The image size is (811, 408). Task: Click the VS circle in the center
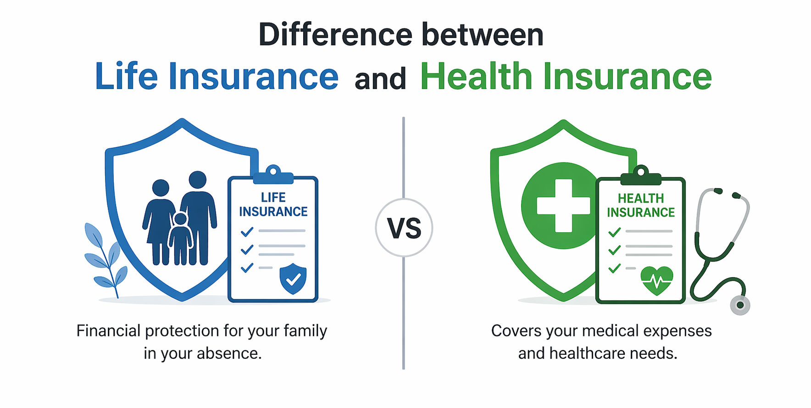pyautogui.click(x=404, y=228)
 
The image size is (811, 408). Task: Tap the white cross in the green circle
pyautogui.click(x=563, y=206)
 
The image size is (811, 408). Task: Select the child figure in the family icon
pyautogui.click(x=180, y=239)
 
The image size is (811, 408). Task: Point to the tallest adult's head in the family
pyautogui.click(x=198, y=180)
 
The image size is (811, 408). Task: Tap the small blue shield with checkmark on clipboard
pyautogui.click(x=293, y=278)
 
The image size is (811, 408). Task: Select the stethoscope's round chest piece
pyautogui.click(x=739, y=305)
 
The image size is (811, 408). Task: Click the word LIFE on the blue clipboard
pyautogui.click(x=273, y=197)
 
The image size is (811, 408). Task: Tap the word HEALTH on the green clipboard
pyautogui.click(x=640, y=198)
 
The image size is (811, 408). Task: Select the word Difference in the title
pyautogui.click(x=335, y=35)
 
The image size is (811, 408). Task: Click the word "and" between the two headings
pyautogui.click(x=380, y=78)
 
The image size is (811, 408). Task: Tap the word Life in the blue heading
pyautogui.click(x=126, y=76)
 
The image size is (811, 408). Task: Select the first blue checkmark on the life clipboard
pyautogui.click(x=247, y=232)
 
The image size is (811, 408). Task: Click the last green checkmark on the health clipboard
pyautogui.click(x=614, y=268)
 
